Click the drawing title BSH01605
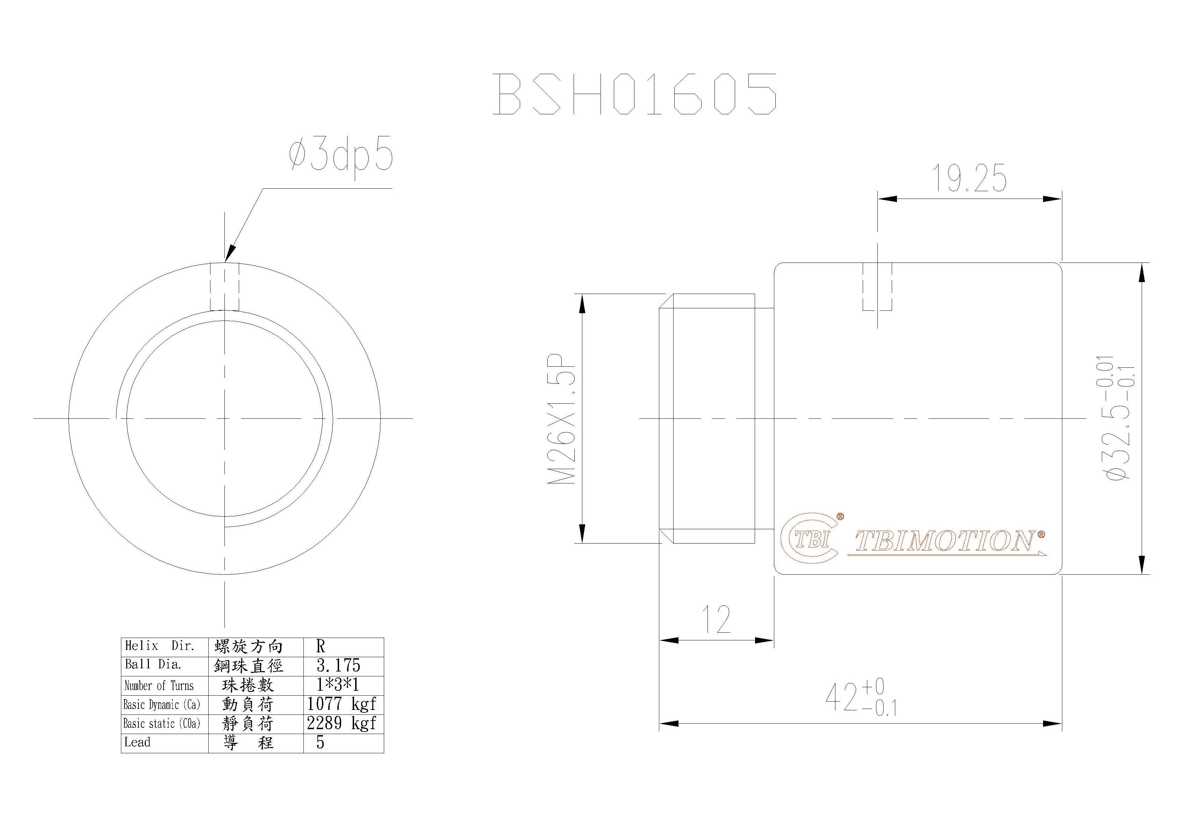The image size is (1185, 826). click(x=634, y=94)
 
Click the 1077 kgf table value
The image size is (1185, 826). click(x=342, y=704)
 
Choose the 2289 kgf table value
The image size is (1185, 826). click(x=342, y=723)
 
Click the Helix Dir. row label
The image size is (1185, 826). click(x=159, y=646)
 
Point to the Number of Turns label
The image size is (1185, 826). click(x=159, y=685)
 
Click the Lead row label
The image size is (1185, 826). click(x=137, y=742)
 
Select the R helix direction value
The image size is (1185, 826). click(x=321, y=646)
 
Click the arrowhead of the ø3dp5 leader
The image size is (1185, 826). click(x=229, y=255)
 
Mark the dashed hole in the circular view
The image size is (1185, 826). click(x=224, y=287)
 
